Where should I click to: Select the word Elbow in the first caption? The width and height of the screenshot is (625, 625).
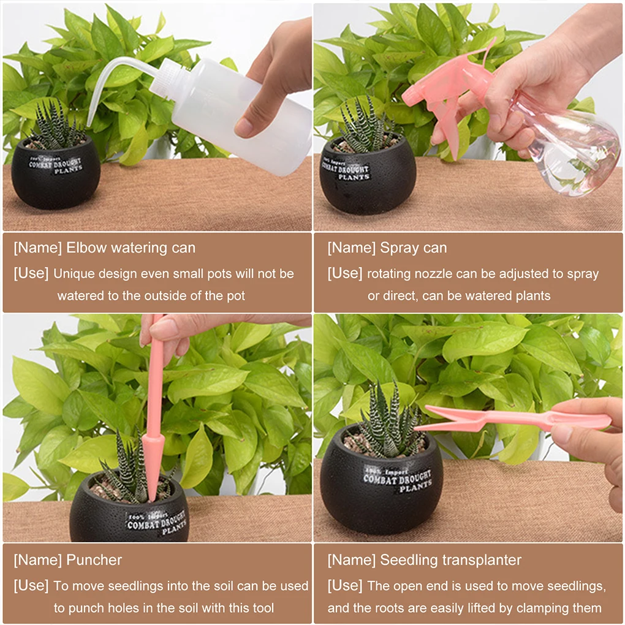(86, 248)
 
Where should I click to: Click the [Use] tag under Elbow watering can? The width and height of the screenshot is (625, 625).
(31, 273)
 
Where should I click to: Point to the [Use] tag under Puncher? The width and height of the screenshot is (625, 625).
(31, 585)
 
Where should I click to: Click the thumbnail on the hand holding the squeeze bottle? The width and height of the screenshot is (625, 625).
(244, 127)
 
